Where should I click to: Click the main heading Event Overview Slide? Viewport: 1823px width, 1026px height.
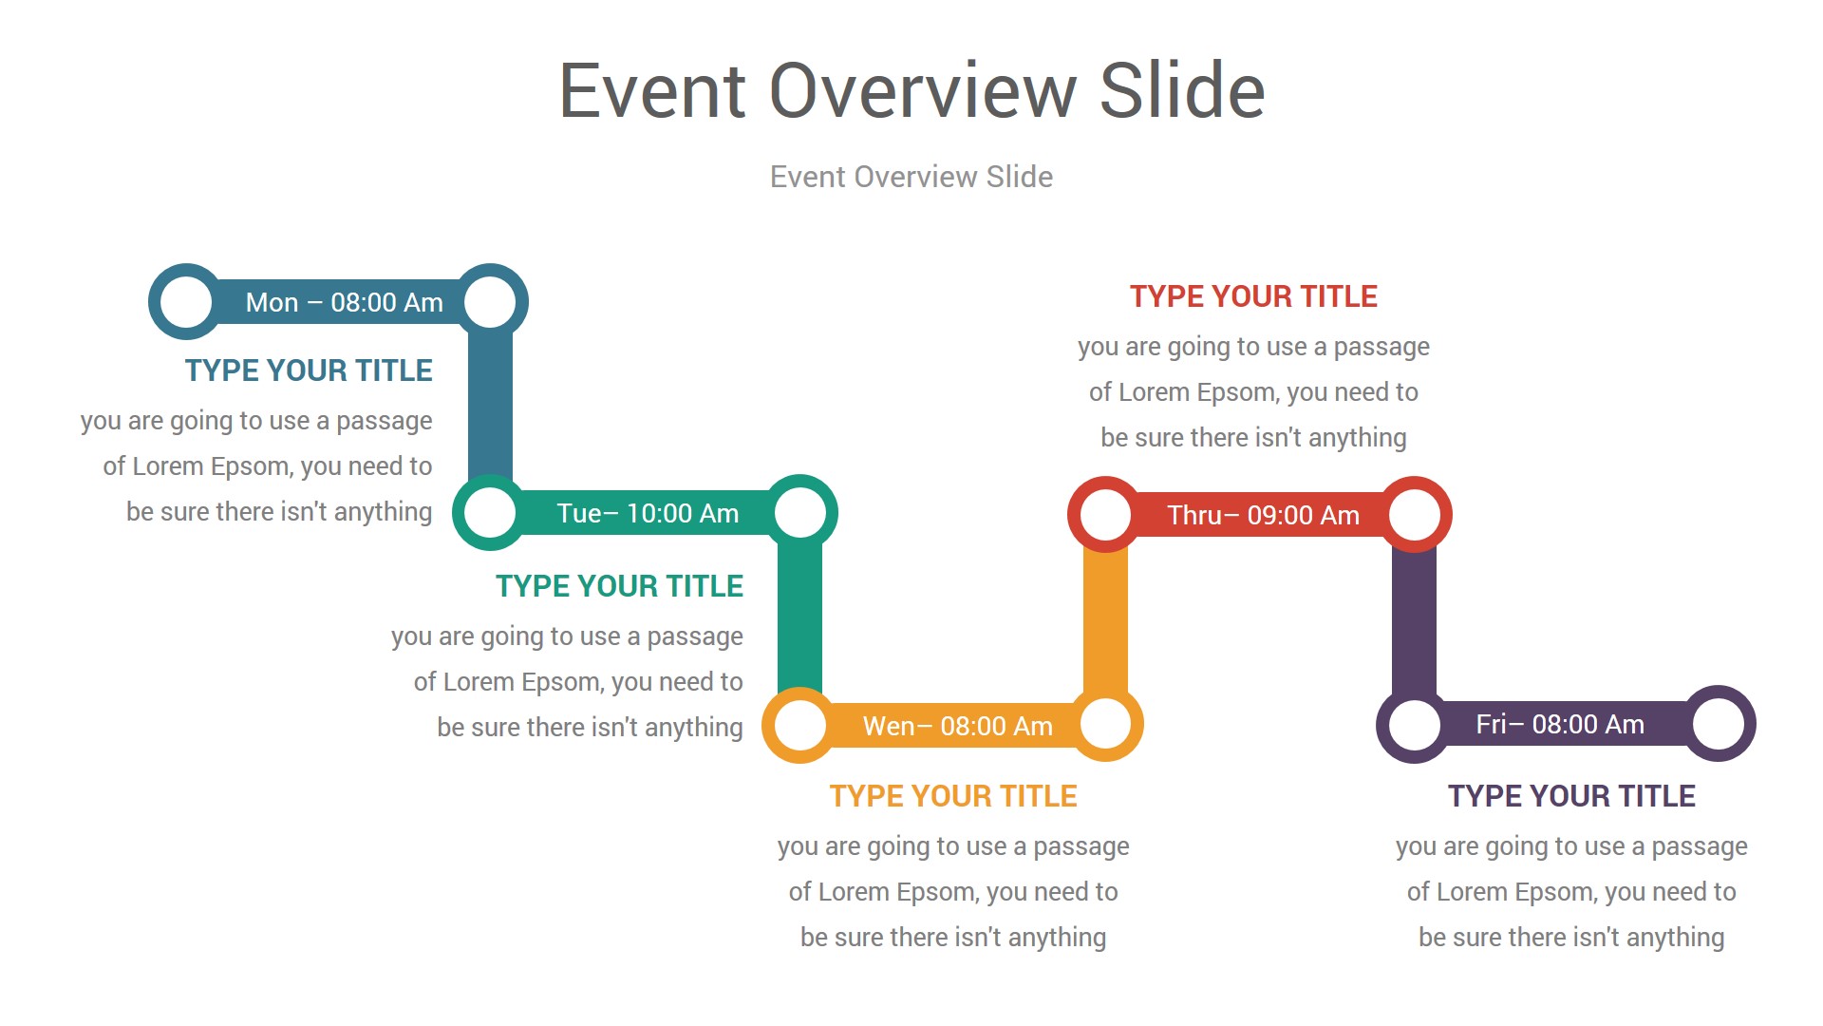click(911, 90)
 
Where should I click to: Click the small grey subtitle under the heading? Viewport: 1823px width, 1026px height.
click(911, 177)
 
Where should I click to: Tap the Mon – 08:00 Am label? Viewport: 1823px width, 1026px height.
click(344, 302)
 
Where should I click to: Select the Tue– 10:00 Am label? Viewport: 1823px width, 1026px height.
click(648, 513)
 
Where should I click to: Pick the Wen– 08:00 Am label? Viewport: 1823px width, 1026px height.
click(957, 726)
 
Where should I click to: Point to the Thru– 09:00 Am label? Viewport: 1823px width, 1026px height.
click(1263, 515)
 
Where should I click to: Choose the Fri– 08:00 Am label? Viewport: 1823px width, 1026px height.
click(1560, 724)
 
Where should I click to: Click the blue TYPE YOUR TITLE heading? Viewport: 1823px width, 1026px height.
click(309, 370)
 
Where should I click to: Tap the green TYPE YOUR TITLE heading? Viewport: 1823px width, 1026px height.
click(619, 586)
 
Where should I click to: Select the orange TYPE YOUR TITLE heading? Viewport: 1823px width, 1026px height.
click(953, 796)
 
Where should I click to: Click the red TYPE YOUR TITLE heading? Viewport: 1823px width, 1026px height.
click(1253, 296)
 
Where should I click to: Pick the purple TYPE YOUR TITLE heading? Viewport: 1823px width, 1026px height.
click(1571, 796)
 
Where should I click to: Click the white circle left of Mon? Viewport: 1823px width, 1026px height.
click(186, 302)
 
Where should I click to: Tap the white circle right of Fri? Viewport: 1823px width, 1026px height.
click(1719, 724)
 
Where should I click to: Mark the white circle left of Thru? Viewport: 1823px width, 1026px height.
click(1105, 515)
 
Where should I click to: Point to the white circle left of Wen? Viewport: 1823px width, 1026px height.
click(799, 726)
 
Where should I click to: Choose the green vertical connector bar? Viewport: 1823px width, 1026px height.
click(799, 619)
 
